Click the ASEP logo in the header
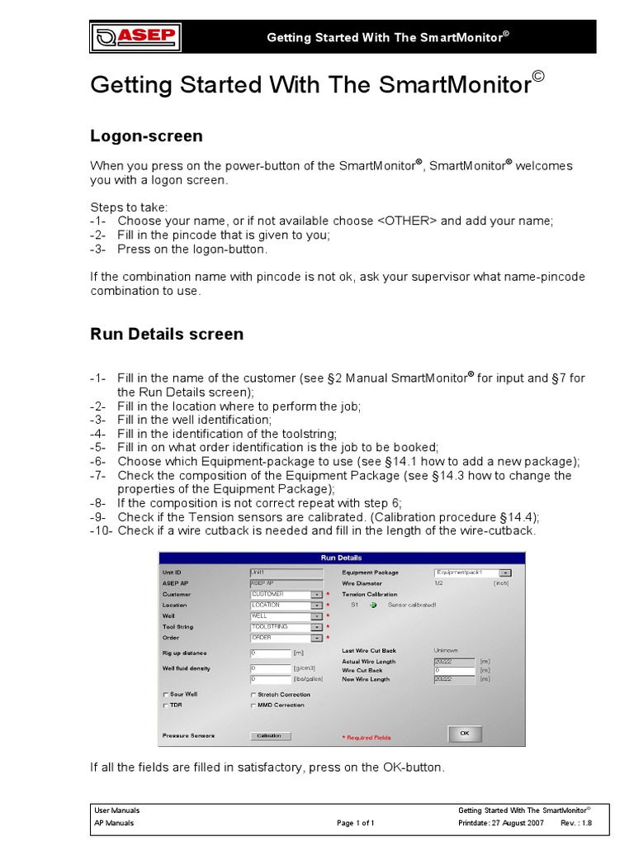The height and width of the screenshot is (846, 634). click(x=136, y=37)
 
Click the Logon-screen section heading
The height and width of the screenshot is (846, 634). click(x=146, y=135)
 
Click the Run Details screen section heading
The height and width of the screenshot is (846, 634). click(x=166, y=334)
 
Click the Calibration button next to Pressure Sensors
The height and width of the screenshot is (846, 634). click(x=270, y=735)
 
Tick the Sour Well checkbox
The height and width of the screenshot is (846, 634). click(x=167, y=695)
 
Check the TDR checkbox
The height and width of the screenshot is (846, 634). click(x=167, y=706)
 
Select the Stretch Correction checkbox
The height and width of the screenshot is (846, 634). click(x=253, y=695)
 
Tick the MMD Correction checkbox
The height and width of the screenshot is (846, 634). click(x=253, y=706)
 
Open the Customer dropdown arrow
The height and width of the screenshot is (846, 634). click(x=316, y=594)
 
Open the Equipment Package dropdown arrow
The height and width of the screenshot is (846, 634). click(x=505, y=573)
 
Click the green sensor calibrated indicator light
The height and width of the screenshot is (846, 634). click(x=373, y=605)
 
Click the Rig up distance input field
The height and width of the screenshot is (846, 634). click(x=270, y=653)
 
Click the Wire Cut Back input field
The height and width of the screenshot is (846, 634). click(x=453, y=670)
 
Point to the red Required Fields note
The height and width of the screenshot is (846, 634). click(x=367, y=737)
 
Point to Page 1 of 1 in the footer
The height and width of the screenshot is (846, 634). click(x=356, y=823)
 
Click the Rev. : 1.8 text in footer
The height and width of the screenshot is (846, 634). click(x=576, y=823)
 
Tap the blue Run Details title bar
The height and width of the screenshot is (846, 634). click(x=341, y=558)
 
